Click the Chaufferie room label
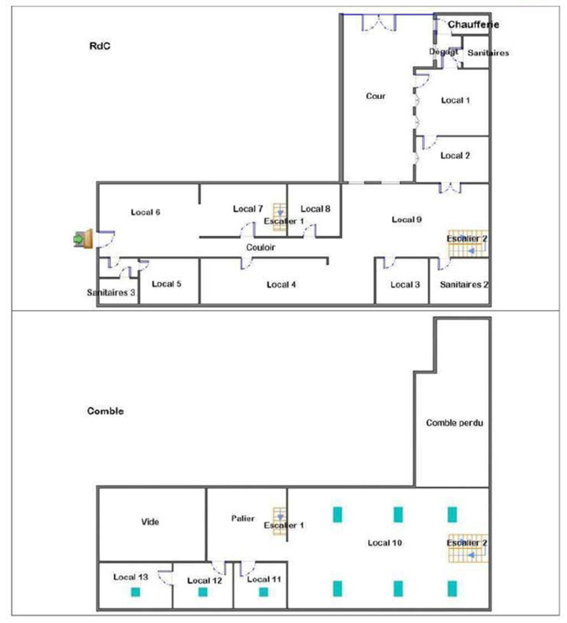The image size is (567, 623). click(473, 25)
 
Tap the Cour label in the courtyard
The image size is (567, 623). click(376, 96)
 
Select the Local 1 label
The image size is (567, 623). click(455, 100)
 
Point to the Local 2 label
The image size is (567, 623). click(455, 155)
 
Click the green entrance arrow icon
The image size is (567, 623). click(78, 238)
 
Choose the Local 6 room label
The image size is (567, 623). click(145, 212)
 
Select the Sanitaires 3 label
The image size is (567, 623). click(111, 292)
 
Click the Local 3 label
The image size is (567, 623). click(405, 284)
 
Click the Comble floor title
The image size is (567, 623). click(106, 411)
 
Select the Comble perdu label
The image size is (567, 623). click(455, 423)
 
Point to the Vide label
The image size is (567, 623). click(150, 522)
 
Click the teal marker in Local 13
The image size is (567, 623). click(136, 591)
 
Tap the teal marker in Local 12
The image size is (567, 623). click(202, 591)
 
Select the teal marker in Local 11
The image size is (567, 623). click(263, 591)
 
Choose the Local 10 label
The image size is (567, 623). click(385, 543)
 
